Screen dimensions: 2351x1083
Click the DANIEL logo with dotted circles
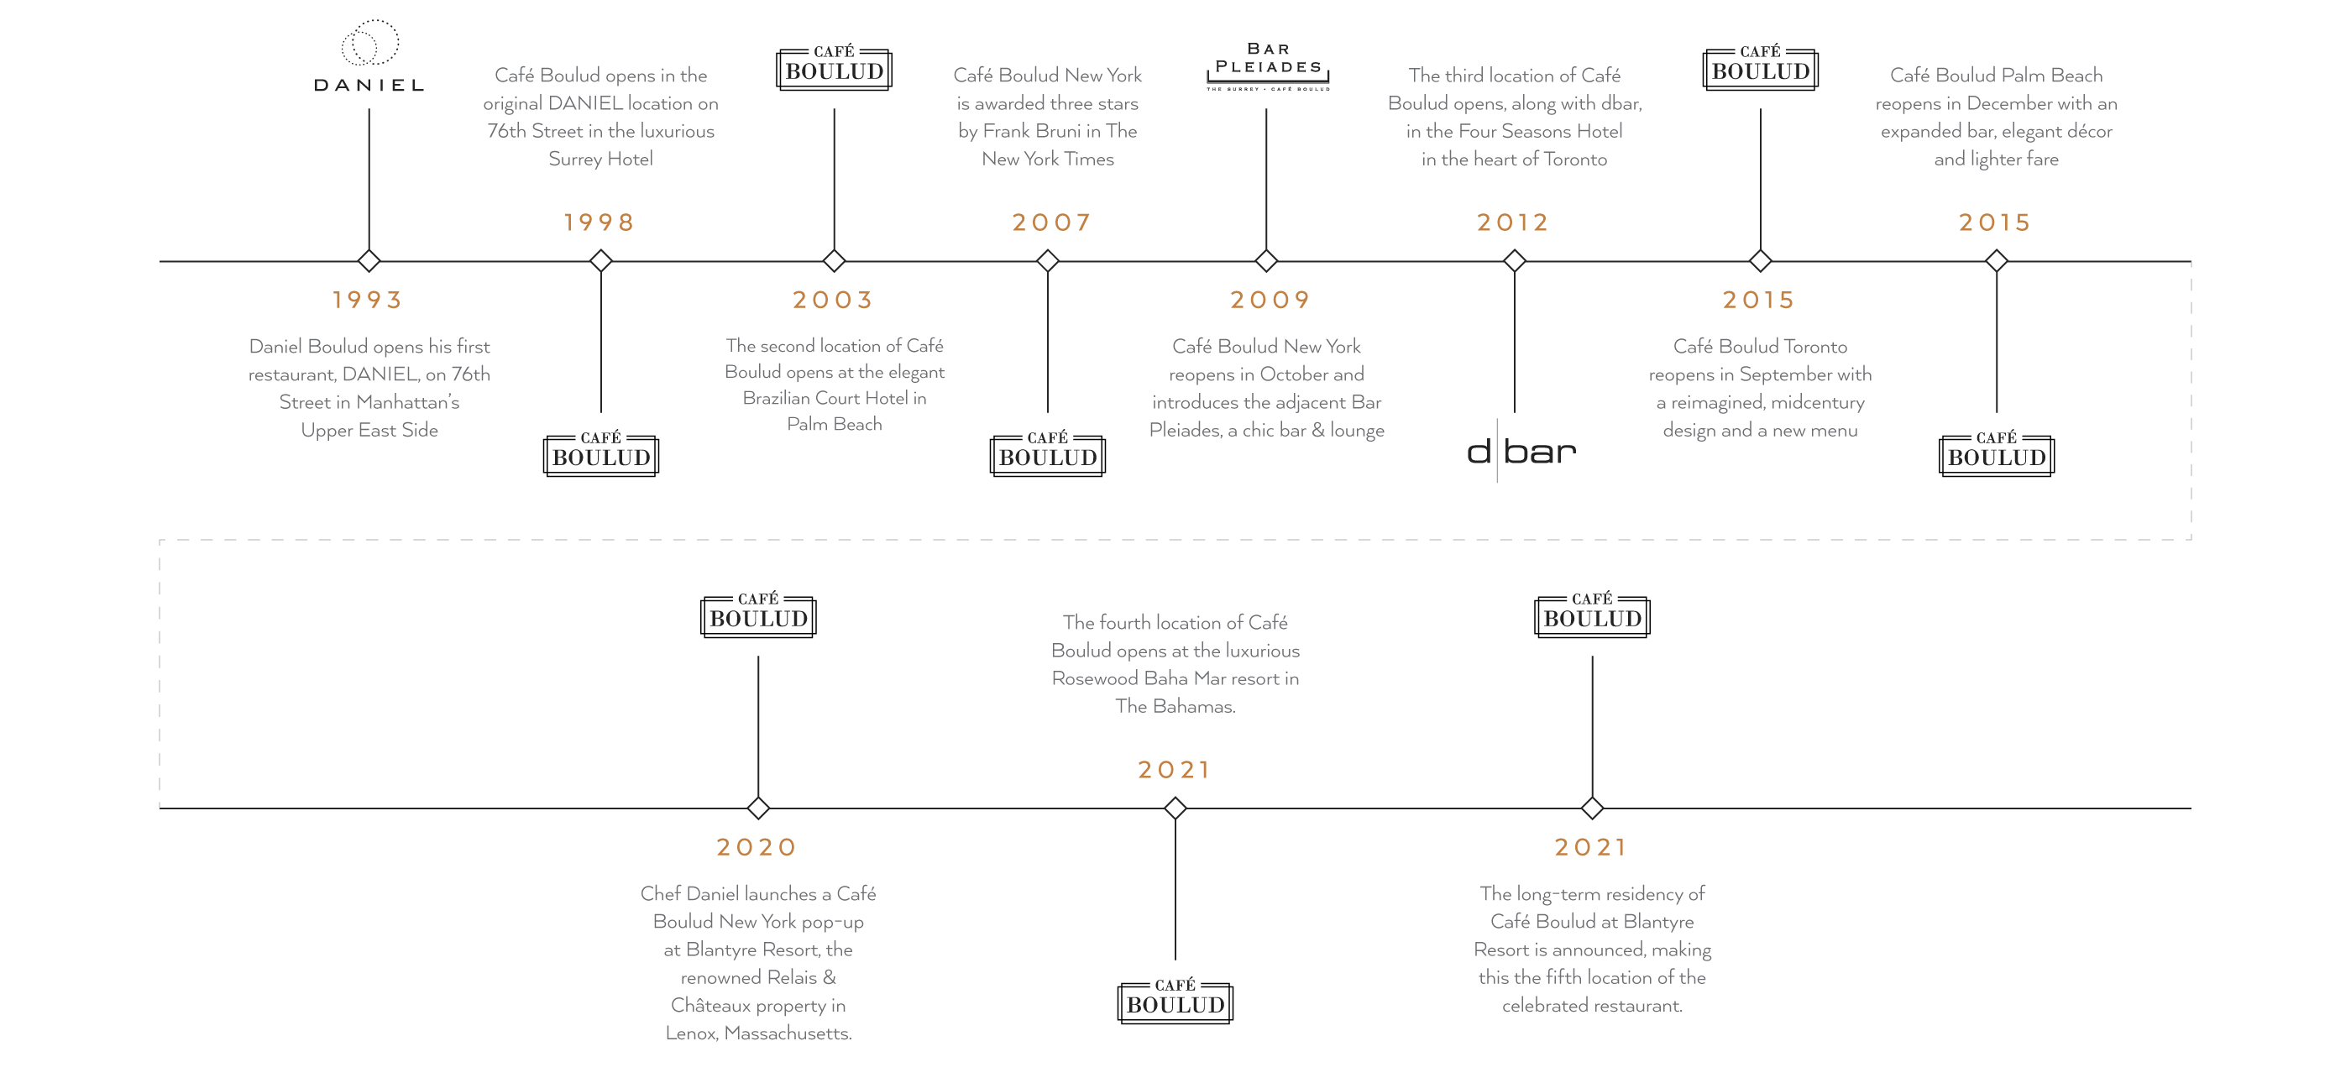(x=369, y=55)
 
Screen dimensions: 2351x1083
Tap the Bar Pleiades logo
(x=1268, y=66)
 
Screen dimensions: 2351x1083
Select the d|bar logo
(x=1521, y=451)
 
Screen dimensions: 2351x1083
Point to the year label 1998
(x=600, y=222)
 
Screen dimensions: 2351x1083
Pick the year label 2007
(x=1051, y=222)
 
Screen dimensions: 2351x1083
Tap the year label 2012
(x=1513, y=222)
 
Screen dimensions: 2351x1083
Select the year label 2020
(x=757, y=847)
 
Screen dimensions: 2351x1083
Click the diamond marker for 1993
(x=369, y=261)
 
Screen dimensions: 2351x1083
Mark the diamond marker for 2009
(x=1266, y=261)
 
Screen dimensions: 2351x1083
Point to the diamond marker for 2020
(x=758, y=808)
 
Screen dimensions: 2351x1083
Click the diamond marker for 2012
(x=1515, y=261)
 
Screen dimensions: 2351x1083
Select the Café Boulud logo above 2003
(x=834, y=66)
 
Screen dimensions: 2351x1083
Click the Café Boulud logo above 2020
(x=758, y=614)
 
